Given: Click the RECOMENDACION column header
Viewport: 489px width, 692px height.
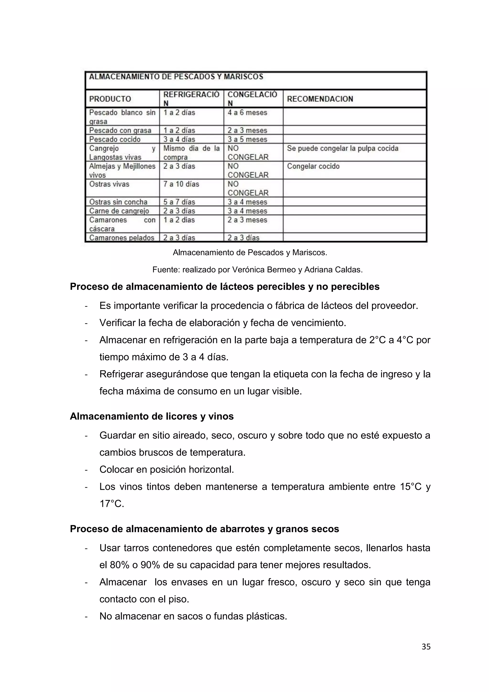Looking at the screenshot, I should pos(320,99).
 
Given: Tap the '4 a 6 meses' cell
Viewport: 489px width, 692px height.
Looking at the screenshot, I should pos(247,113).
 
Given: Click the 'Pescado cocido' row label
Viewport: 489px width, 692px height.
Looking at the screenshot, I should pos(115,139).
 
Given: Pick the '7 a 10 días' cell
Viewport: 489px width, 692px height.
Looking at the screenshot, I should pos(181,184).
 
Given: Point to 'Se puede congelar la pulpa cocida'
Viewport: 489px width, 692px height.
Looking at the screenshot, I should pos(342,148).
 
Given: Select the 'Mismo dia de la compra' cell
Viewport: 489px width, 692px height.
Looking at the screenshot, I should pos(191,152).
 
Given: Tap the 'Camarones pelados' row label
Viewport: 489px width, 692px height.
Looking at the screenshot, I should pos(121,238).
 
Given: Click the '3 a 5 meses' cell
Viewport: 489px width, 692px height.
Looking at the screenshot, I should pos(247,139).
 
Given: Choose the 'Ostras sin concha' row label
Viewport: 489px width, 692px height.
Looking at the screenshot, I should pos(118,202).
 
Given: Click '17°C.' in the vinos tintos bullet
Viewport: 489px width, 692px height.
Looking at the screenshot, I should pos(112,504).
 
